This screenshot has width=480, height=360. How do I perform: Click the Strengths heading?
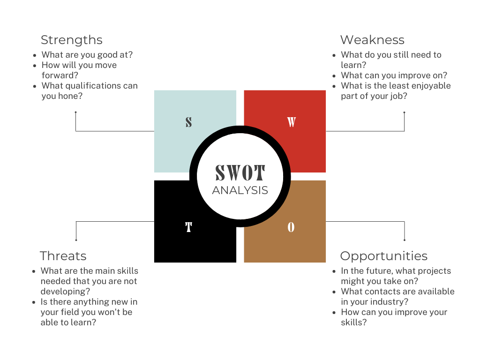(71, 40)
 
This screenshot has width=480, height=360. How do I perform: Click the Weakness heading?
(372, 40)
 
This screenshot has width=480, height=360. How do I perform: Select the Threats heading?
(63, 256)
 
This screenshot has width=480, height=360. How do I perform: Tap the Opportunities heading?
(383, 256)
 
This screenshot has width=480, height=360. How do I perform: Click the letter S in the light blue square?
(188, 122)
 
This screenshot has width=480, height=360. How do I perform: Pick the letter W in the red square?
(291, 122)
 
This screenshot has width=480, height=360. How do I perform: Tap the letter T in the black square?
(188, 228)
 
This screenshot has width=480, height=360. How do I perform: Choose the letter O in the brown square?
(291, 228)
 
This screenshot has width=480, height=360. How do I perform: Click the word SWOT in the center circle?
(240, 173)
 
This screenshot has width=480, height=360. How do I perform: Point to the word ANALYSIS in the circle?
(240, 190)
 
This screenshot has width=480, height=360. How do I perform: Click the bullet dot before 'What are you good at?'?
(35, 55)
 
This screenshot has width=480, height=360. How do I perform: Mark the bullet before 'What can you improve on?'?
(334, 76)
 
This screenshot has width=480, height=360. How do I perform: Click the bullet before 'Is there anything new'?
(34, 302)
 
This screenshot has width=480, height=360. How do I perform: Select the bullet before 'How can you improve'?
(334, 313)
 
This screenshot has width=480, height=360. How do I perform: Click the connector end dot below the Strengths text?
(75, 112)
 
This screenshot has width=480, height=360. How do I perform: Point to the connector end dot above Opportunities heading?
(404, 240)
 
